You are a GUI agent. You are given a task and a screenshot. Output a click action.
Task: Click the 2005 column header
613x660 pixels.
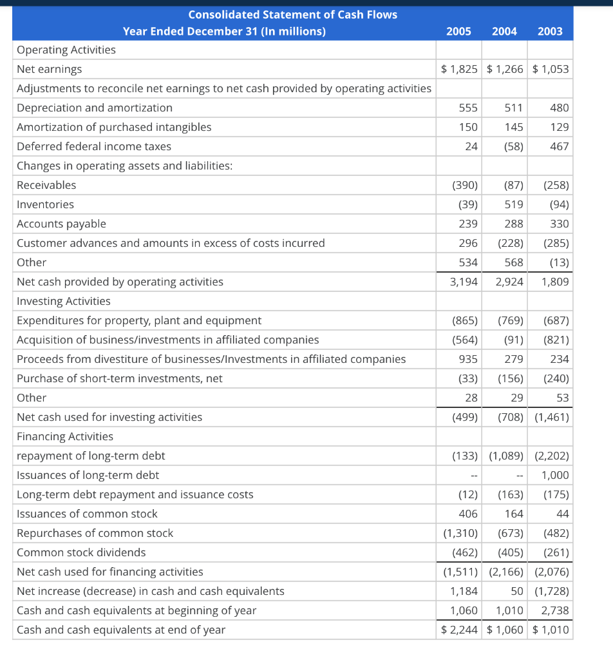(x=458, y=32)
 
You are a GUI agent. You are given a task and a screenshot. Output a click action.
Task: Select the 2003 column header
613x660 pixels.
(x=550, y=32)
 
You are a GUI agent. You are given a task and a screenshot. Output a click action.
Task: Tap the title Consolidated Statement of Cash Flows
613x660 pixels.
(x=292, y=14)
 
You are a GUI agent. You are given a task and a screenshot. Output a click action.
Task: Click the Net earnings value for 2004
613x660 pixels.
(x=505, y=69)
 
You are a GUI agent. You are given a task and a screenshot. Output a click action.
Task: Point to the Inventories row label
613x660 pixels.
(x=45, y=204)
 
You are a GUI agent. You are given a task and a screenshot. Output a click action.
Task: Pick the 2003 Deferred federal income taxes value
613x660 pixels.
(x=560, y=146)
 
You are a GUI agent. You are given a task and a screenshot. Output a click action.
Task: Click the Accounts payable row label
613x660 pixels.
(x=61, y=224)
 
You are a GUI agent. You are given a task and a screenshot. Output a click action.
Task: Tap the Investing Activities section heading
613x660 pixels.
(x=63, y=301)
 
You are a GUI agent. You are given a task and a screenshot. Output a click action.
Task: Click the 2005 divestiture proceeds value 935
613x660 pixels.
(x=467, y=359)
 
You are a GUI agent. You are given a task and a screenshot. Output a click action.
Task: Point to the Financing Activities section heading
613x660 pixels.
(x=64, y=436)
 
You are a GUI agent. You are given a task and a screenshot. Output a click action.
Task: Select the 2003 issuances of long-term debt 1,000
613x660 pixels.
(x=555, y=475)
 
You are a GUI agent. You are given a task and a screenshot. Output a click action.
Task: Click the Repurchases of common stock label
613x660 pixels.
(x=95, y=533)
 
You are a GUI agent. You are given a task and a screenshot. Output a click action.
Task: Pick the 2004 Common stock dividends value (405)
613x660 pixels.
(x=510, y=552)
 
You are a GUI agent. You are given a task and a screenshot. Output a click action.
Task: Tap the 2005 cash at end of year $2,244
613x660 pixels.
(x=460, y=630)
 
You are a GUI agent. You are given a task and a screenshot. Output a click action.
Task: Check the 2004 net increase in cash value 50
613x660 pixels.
(x=516, y=591)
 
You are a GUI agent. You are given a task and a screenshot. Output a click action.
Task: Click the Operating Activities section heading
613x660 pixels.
(x=66, y=50)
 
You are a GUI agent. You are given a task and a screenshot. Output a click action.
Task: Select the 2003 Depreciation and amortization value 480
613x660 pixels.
(x=560, y=108)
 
